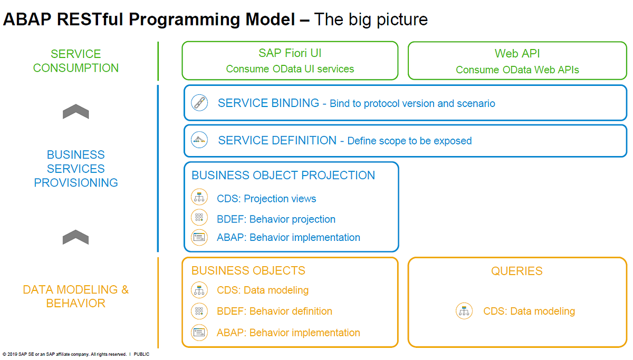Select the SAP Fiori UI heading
pos(290,53)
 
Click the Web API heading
pos(517,54)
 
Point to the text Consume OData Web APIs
pos(517,70)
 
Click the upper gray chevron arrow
pos(75,112)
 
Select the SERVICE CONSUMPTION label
pos(76,61)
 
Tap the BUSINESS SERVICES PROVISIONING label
pos(76,169)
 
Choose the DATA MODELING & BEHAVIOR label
pos(76,296)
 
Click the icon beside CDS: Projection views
pos(199,198)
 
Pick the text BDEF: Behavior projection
pos(276,219)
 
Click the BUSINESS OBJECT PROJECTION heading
pos(283,176)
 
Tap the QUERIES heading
pos(516,271)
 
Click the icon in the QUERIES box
pos(464,311)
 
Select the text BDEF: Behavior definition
pos(274,311)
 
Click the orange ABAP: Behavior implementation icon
pos(199,333)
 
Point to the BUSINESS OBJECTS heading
pos(248,271)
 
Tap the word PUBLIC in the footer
pos(141,355)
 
